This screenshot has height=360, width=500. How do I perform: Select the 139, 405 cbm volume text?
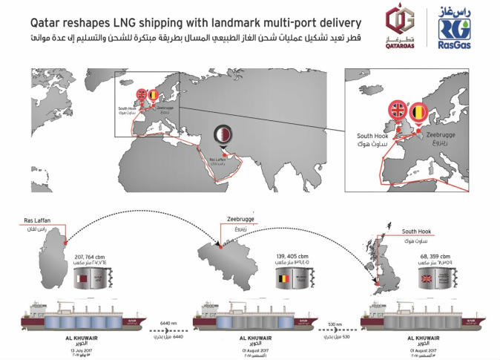291,255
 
